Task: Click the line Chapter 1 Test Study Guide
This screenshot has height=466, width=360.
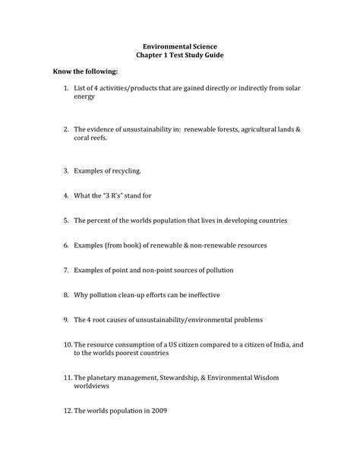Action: click(x=179, y=57)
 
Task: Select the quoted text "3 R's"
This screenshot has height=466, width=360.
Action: click(x=113, y=195)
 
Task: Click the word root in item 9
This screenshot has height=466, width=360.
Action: click(x=103, y=320)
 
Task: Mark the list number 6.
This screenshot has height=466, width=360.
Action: click(x=66, y=246)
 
